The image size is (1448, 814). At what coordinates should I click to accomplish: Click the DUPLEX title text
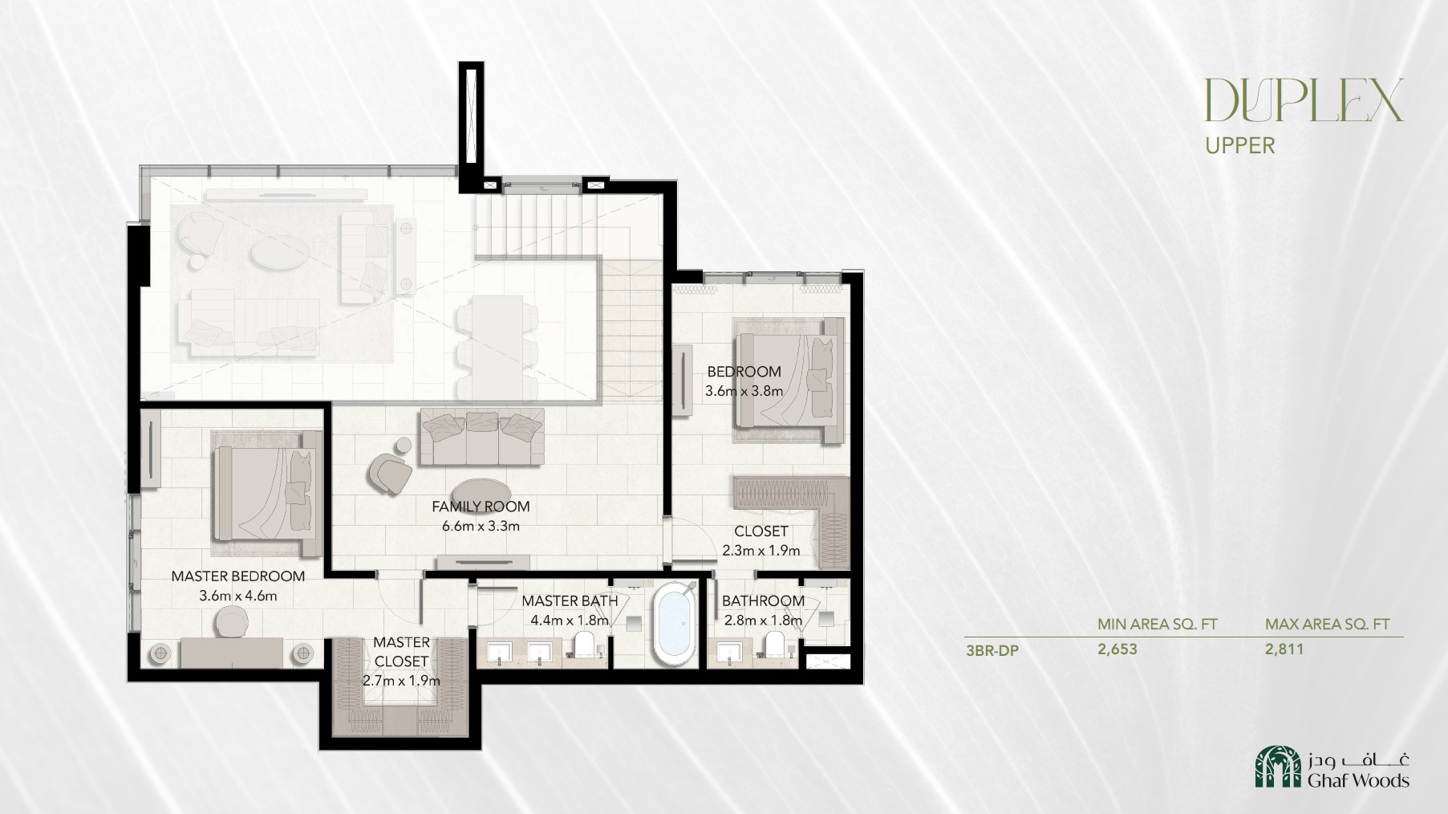(x=1304, y=100)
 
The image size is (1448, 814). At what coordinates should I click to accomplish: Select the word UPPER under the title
(x=1240, y=145)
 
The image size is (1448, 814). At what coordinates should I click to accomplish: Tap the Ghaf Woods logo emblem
(x=1279, y=767)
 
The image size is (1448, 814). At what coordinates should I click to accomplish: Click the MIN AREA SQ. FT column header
(x=1158, y=624)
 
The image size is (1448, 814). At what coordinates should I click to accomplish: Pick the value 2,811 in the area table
(x=1284, y=649)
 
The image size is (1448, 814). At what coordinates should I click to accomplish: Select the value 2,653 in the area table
(x=1117, y=649)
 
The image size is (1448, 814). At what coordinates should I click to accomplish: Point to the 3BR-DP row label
(x=992, y=650)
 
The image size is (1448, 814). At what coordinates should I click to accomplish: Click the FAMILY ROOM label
(x=481, y=507)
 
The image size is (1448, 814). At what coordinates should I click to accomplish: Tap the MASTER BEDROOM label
(x=238, y=576)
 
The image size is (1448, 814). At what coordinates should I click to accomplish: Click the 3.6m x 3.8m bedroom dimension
(x=744, y=391)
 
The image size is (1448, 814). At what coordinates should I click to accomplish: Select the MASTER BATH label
(x=570, y=600)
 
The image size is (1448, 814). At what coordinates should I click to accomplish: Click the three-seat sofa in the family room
(x=482, y=436)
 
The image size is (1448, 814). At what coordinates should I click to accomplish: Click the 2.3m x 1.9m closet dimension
(x=761, y=551)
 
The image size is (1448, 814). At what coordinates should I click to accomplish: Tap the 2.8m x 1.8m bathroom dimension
(x=763, y=621)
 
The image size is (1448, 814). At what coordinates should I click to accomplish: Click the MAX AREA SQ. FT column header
(x=1328, y=624)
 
